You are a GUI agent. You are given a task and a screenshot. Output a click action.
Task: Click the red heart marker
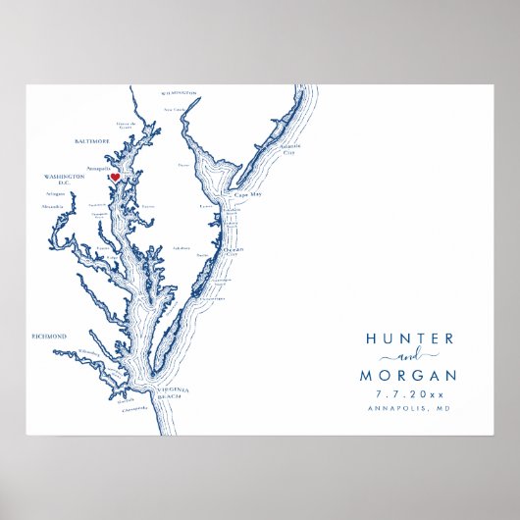pyautogui.click(x=115, y=178)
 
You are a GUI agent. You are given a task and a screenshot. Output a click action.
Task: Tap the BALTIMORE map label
pyautogui.click(x=91, y=141)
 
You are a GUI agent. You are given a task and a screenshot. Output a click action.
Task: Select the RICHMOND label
pyautogui.click(x=49, y=337)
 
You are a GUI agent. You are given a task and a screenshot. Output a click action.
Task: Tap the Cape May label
pyautogui.click(x=247, y=194)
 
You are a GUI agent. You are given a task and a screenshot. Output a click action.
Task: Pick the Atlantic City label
pyautogui.click(x=288, y=150)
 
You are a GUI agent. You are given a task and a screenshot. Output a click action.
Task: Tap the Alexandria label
pyautogui.click(x=53, y=207)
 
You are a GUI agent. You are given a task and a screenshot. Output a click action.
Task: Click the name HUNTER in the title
pyautogui.click(x=410, y=338)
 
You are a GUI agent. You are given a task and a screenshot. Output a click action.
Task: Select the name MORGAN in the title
pyautogui.click(x=410, y=375)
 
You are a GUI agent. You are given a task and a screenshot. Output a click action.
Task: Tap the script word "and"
pyautogui.click(x=409, y=357)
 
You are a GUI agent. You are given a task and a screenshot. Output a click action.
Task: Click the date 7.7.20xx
pyautogui.click(x=410, y=393)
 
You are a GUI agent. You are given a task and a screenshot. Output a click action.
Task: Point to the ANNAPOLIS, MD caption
pyautogui.click(x=410, y=410)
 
